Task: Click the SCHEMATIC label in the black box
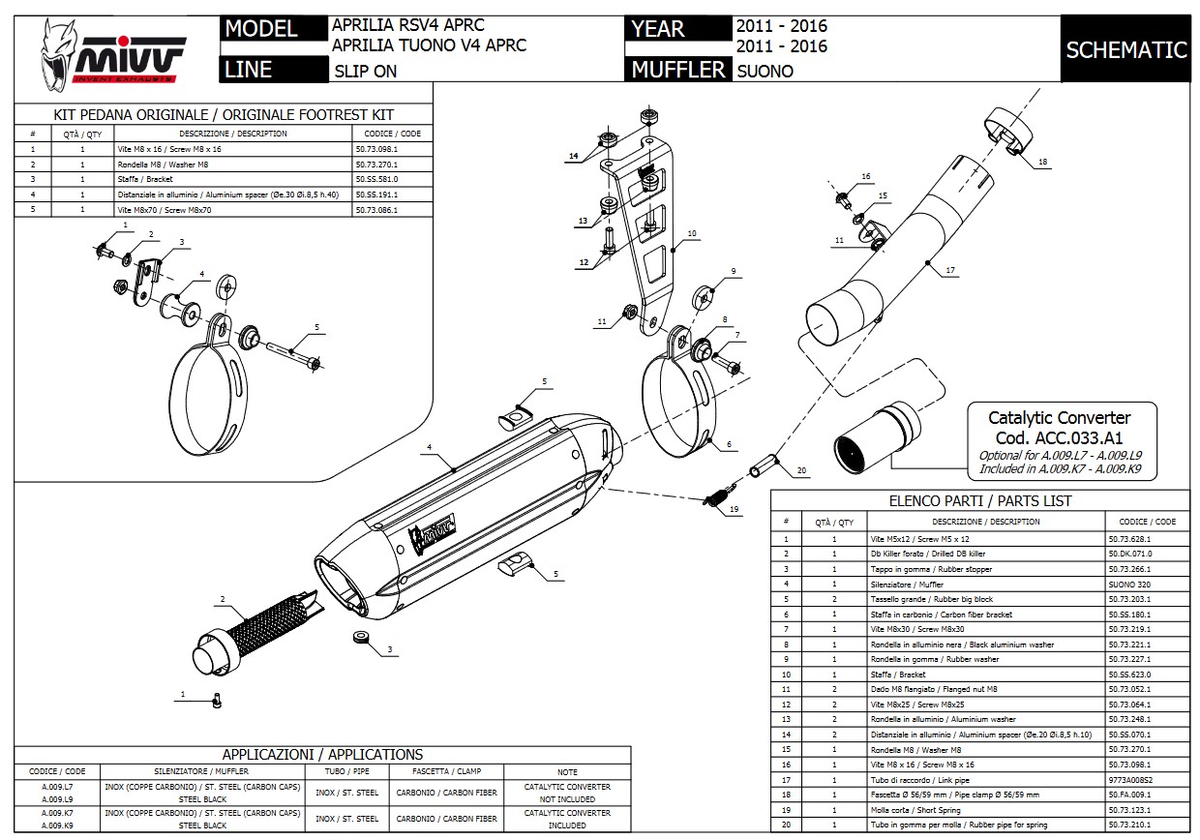pyautogui.click(x=1125, y=50)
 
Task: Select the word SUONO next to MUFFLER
pyautogui.click(x=765, y=71)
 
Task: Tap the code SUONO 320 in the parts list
pyautogui.click(x=1128, y=585)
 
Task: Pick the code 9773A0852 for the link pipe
pyautogui.click(x=1128, y=780)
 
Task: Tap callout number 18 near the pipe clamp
pyautogui.click(x=1042, y=163)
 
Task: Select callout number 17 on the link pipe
pyautogui.click(x=950, y=272)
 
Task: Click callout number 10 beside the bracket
pyautogui.click(x=691, y=233)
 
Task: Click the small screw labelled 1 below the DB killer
pyautogui.click(x=218, y=699)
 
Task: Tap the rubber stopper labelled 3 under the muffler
pyautogui.click(x=360, y=637)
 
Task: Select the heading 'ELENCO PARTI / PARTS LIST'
pyautogui.click(x=980, y=501)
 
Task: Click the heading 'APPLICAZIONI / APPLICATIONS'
pyautogui.click(x=322, y=754)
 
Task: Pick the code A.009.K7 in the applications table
pyautogui.click(x=57, y=813)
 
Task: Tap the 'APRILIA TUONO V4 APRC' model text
pyautogui.click(x=429, y=45)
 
